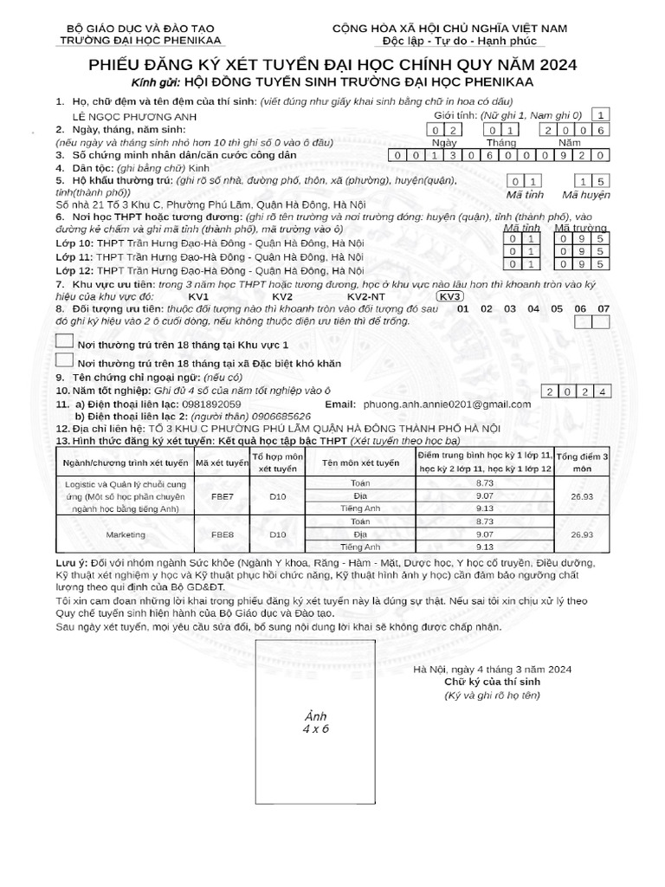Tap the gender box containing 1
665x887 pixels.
602,114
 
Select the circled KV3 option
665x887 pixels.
449,295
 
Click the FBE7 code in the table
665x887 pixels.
222,498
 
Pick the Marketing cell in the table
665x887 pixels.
125,535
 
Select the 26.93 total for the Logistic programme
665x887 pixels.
582,498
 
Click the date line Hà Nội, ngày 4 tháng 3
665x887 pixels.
492,670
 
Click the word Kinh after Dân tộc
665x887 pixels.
199,167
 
